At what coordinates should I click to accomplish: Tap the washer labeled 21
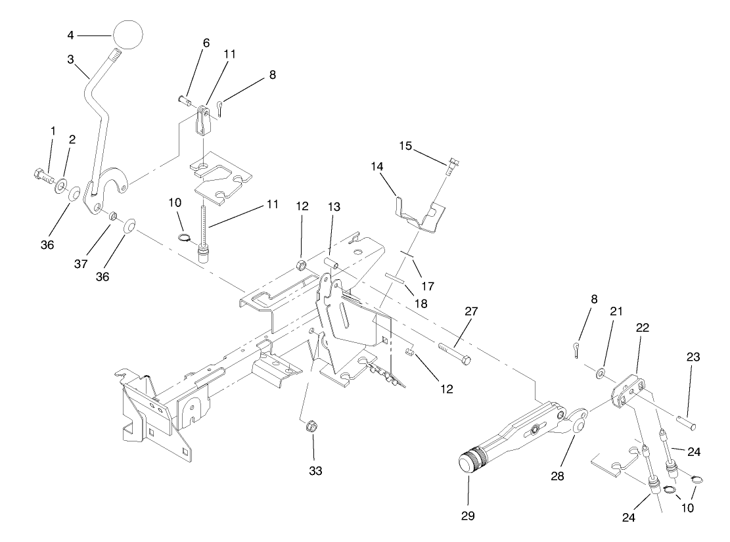pos(601,374)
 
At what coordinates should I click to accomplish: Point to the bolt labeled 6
pos(184,100)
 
